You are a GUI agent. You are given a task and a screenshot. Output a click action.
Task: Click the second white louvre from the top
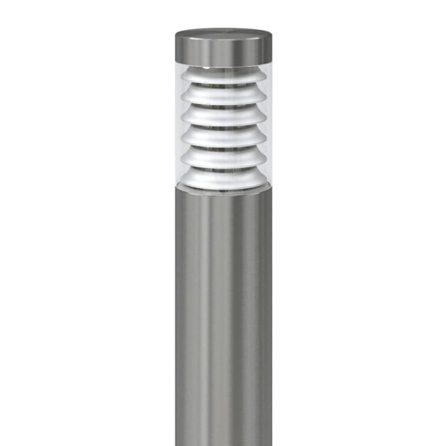223,96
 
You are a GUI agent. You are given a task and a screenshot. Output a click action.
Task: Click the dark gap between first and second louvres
223,85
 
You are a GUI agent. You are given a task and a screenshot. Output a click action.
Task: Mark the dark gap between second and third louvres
223,105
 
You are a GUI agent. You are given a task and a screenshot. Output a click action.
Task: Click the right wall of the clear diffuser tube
268,127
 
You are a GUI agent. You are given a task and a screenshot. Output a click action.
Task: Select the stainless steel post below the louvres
223,319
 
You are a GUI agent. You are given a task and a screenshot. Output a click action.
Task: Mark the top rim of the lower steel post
223,192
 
